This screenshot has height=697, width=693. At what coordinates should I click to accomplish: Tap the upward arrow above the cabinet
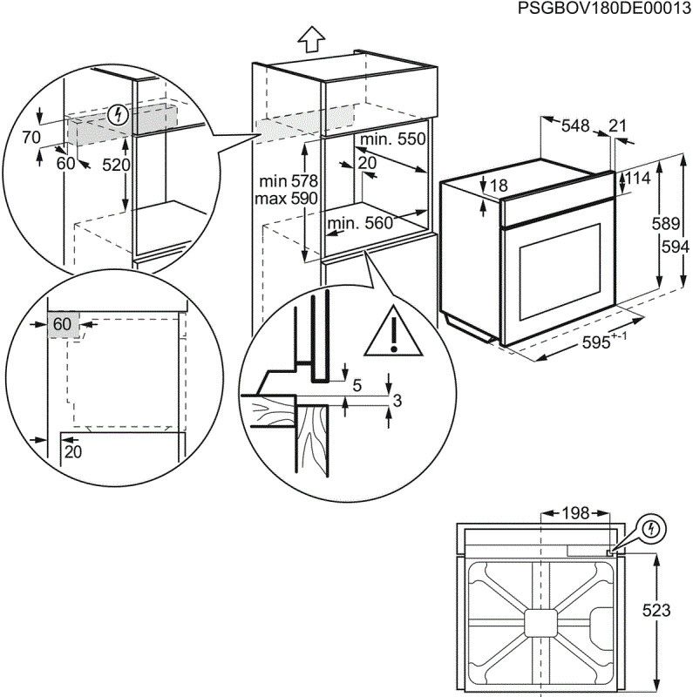pos(310,40)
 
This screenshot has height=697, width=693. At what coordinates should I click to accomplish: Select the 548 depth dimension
pos(575,125)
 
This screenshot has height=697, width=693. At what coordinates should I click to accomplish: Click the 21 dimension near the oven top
pos(618,125)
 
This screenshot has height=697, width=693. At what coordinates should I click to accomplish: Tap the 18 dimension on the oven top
pos(498,186)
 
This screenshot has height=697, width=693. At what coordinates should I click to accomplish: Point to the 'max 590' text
pos(289,198)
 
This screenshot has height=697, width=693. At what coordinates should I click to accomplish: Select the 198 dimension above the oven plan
pos(574,512)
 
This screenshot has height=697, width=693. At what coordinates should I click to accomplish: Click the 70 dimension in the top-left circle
pos(32,137)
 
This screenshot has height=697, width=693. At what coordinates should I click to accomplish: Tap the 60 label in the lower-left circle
pos(62,324)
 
